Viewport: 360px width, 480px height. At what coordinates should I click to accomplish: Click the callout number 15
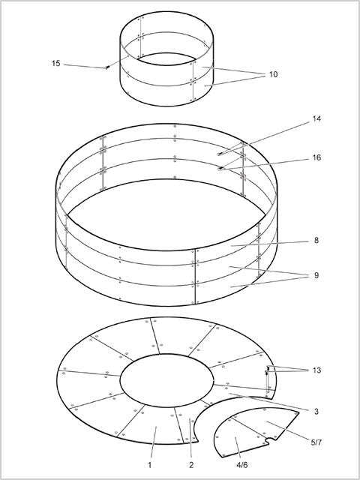coord(56,64)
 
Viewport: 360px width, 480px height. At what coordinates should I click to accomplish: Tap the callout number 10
coord(273,74)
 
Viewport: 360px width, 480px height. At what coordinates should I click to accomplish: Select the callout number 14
coord(316,118)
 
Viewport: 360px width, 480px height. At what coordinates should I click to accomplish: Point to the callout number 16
coord(316,157)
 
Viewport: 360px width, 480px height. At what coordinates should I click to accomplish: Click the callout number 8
coord(316,241)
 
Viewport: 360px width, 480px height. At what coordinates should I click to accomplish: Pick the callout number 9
coord(316,275)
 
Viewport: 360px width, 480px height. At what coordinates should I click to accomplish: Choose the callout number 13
coord(316,370)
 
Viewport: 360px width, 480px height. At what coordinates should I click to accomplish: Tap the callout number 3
coord(316,412)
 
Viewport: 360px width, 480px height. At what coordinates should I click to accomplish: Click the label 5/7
coord(316,442)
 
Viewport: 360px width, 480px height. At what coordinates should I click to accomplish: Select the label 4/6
coord(241,465)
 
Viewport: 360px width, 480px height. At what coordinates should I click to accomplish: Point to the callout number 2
coord(191,465)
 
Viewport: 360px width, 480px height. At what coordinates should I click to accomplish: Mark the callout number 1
coord(150,465)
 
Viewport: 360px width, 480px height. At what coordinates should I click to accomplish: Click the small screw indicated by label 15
coord(107,67)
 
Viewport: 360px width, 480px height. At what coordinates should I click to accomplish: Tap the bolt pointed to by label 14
coord(220,154)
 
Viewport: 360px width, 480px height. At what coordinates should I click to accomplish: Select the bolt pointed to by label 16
coord(220,168)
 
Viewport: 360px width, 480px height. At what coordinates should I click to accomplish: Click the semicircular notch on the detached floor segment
coord(270,440)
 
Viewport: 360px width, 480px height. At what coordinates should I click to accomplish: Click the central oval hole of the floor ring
coord(166,380)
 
